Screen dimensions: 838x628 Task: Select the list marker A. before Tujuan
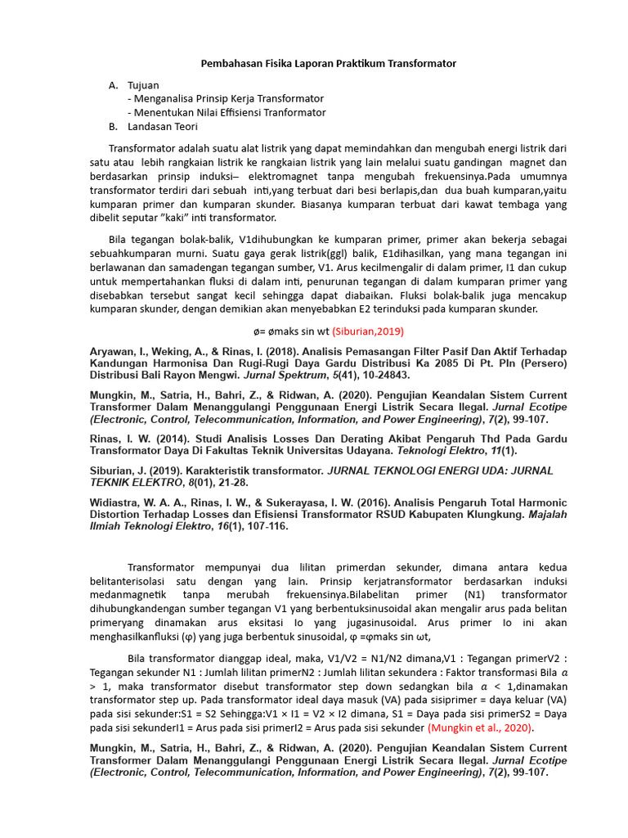[114, 85]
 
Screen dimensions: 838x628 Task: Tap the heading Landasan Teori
[162, 127]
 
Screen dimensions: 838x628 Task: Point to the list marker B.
[114, 127]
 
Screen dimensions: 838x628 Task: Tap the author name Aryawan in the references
[113, 351]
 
